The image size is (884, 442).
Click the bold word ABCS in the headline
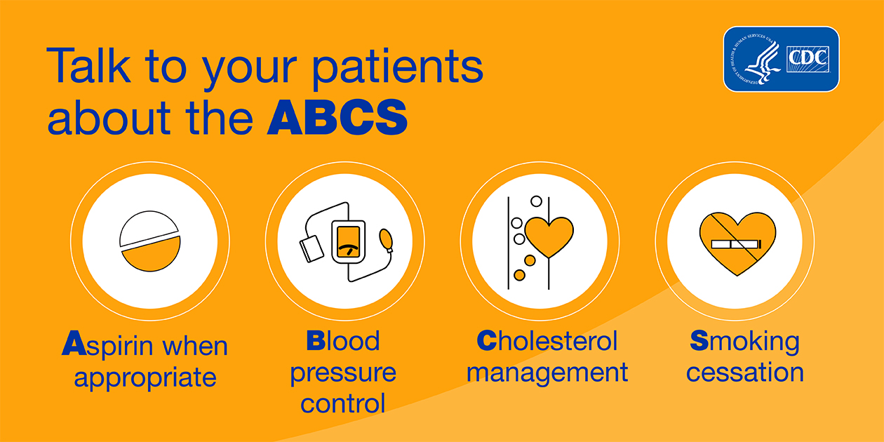pos(337,118)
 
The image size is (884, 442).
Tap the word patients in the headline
pos(398,67)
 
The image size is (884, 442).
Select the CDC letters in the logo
pos(808,58)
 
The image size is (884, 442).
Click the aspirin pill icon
pos(150,241)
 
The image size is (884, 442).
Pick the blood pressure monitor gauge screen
pos(349,242)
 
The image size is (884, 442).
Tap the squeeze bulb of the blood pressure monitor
pos(387,241)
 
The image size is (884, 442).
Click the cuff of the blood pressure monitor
pos(312,248)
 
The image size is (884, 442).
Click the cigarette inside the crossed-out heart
pos(736,245)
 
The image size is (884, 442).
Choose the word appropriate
pos(145,377)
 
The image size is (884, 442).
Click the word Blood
pos(343,340)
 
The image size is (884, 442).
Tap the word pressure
pos(343,373)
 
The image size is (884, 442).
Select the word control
pos(343,403)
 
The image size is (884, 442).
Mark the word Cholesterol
pos(547,340)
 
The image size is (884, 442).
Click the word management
pos(547,373)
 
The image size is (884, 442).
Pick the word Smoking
pos(744,342)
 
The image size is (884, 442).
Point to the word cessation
pos(745,373)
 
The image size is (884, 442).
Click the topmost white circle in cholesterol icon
pos(536,201)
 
